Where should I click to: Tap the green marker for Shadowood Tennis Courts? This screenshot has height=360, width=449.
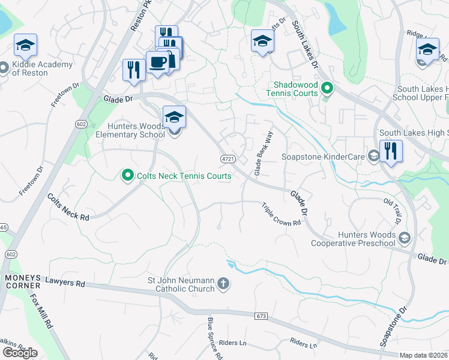pyautogui.click(x=327, y=89)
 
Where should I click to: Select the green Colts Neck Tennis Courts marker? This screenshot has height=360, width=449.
pyautogui.click(x=127, y=176)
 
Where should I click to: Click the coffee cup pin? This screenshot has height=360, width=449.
pyautogui.click(x=158, y=62)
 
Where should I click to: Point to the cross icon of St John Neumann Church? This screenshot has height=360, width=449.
pyautogui.click(x=223, y=284)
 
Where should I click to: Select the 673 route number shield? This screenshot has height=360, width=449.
pyautogui.click(x=260, y=316)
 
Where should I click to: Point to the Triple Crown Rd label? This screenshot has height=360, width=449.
pyautogui.click(x=280, y=214)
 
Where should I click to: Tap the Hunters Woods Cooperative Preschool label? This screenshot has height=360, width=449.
pyautogui.click(x=353, y=239)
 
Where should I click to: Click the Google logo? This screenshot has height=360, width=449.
pyautogui.click(x=20, y=352)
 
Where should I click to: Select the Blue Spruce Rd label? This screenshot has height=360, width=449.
pyautogui.click(x=215, y=338)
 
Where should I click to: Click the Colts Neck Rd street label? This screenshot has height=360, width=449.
pyautogui.click(x=68, y=208)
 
